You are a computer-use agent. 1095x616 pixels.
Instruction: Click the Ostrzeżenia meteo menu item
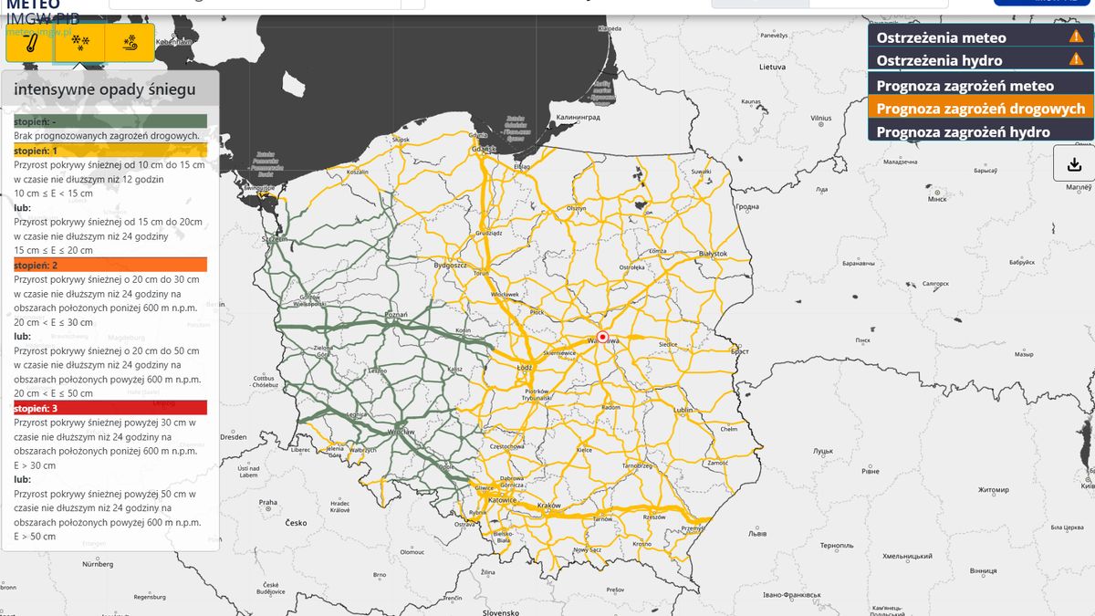941,37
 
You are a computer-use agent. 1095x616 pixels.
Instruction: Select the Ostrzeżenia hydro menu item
939,60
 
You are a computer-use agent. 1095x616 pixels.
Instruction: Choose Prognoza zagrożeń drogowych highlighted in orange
980,109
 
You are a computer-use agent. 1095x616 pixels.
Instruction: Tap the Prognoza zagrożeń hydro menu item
963,131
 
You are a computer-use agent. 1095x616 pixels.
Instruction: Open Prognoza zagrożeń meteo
965,86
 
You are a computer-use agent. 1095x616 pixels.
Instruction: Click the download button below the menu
1074,164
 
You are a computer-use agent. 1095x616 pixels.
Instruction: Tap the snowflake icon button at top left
80,43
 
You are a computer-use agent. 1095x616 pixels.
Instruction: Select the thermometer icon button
30,43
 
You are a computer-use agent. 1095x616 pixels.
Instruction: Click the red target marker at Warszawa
602,337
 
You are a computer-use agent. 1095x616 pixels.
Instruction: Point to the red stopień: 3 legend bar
110,408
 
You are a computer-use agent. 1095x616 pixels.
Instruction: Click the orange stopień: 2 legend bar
110,265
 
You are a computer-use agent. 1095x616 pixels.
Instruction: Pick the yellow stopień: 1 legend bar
110,151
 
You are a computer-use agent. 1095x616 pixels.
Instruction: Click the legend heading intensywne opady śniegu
105,89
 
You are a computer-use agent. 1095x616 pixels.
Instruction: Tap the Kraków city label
548,505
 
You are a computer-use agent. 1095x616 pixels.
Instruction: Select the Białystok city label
712,254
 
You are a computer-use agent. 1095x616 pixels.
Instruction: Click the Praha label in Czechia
267,502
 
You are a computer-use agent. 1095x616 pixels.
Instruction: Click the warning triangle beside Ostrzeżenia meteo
1076,37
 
